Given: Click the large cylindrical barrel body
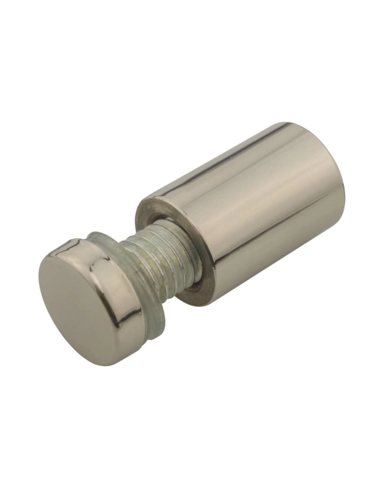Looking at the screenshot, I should click(x=248, y=209).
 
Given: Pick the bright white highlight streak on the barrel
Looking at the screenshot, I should click(x=233, y=167).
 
